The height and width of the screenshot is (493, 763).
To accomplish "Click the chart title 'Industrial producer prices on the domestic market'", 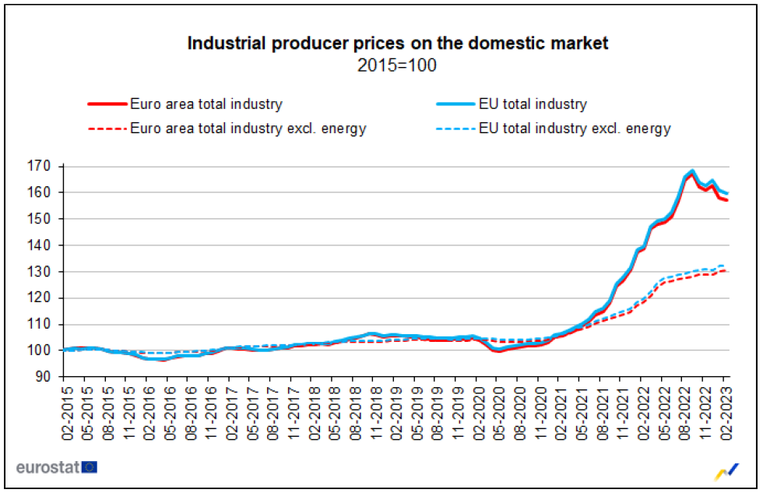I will (x=397, y=44).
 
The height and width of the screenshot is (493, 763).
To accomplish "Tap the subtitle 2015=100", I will (x=397, y=65).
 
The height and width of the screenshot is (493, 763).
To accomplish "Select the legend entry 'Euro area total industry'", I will (x=206, y=104).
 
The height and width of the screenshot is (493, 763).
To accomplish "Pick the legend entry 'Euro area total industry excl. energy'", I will (x=248, y=129).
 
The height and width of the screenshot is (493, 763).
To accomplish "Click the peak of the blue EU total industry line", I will (x=692, y=171).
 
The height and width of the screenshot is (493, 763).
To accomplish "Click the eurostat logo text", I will (x=47, y=467).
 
